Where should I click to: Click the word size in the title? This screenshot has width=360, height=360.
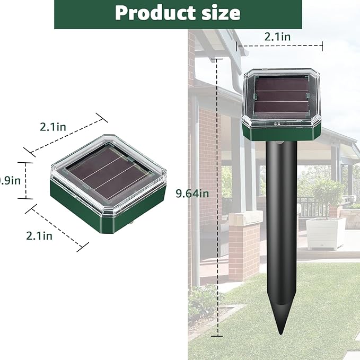[219, 13]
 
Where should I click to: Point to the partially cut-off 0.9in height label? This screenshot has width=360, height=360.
[10, 180]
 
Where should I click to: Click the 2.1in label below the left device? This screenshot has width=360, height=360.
[39, 235]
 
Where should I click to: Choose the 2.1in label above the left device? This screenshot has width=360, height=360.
[53, 127]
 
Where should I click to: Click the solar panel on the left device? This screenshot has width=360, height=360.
[105, 171]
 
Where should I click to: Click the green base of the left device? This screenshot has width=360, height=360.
[85, 209]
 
